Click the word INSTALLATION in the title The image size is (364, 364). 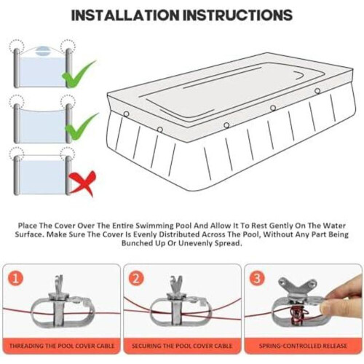124,15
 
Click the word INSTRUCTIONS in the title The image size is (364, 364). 237,15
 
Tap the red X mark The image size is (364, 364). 82,183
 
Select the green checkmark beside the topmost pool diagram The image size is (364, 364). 78,74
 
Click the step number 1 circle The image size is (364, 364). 15,279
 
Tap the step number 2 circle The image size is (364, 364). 136,279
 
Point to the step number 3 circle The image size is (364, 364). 257,279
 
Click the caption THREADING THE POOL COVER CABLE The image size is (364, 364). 62,346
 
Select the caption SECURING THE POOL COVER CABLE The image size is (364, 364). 182,346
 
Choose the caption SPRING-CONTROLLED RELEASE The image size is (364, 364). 303,346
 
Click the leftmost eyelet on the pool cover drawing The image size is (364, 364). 126,114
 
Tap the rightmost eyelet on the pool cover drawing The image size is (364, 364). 317,91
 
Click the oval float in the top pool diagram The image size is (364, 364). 44,50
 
